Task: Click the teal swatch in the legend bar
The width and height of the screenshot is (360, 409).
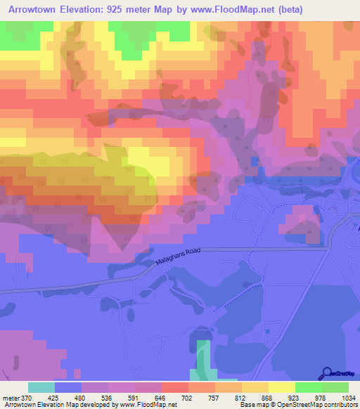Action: click(41, 387)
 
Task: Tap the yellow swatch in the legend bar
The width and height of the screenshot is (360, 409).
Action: click(282, 387)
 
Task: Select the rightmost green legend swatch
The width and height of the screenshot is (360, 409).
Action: click(335, 387)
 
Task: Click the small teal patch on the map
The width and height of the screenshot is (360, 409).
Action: click(202, 359)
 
